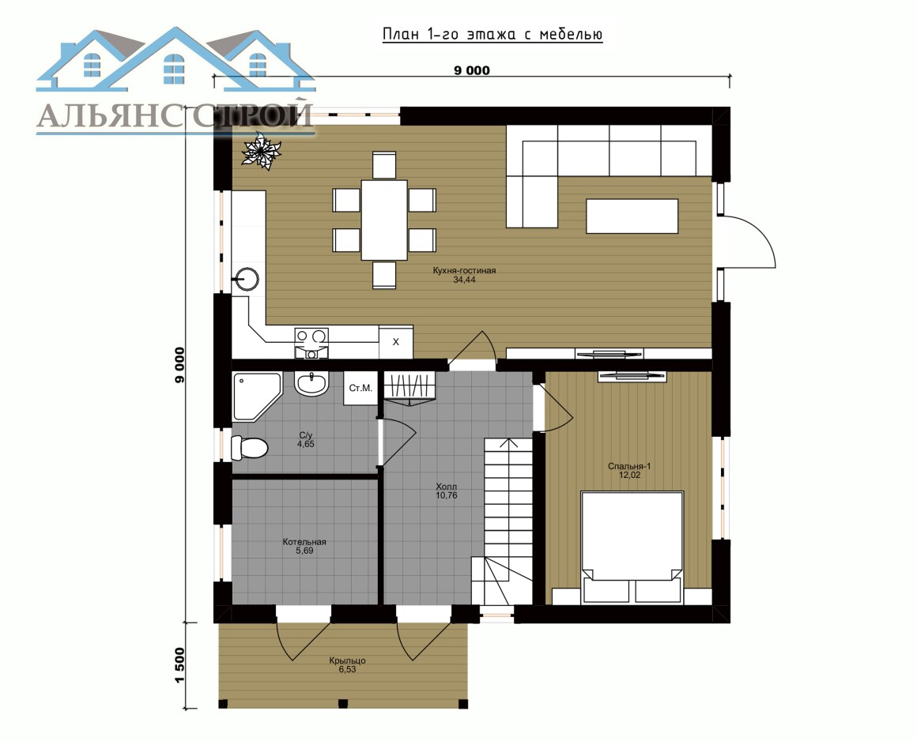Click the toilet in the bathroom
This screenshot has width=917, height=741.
249,448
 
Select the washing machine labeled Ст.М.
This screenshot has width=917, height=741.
360,389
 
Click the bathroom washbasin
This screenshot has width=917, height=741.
312,384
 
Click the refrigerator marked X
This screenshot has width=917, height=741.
396,342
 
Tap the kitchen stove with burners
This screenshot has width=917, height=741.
311,342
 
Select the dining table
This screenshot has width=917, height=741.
384,220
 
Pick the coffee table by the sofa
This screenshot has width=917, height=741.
632,216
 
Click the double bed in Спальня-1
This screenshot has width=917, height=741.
632,547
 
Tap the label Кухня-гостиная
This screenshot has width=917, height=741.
464,271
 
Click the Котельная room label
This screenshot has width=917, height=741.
304,542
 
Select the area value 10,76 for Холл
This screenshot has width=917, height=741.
446,495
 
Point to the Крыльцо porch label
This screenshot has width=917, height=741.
347,660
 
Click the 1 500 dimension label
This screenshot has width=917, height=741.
179,664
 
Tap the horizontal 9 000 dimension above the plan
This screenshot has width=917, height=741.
472,71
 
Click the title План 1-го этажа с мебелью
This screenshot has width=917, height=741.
492,34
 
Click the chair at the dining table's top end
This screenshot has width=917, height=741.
384,164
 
